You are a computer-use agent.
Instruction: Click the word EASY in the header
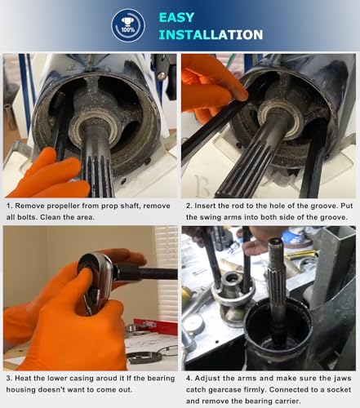tap(176, 17)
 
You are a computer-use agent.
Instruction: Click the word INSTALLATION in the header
tap(211, 34)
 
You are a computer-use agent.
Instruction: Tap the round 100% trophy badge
tap(128, 25)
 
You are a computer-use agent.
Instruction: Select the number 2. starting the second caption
tap(189, 206)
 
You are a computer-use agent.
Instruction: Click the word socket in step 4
tap(339, 389)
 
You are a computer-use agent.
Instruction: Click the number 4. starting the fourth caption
tap(189, 378)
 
